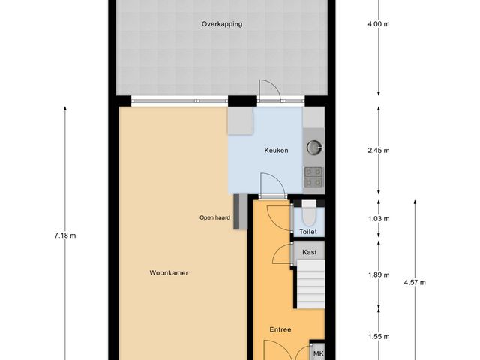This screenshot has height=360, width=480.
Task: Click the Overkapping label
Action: tap(221, 24)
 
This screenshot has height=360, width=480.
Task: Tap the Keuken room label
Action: tap(276, 151)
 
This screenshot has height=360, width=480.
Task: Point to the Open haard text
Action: tap(214, 218)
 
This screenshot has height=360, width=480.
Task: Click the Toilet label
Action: tap(308, 232)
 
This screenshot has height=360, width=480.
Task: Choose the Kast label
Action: tap(309, 253)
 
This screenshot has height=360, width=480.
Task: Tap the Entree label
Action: tap(280, 329)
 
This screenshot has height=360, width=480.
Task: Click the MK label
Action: tap(318, 354)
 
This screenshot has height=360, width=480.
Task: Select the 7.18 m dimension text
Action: tap(65, 235)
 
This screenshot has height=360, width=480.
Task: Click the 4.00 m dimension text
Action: tap(379, 24)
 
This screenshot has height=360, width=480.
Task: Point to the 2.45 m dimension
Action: tap(379, 151)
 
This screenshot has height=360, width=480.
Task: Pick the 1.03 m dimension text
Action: tap(379, 219)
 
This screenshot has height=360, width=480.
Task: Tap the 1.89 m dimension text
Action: tap(379, 274)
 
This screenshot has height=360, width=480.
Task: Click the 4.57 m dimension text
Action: tap(415, 283)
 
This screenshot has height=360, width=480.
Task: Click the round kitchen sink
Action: tap(313, 146)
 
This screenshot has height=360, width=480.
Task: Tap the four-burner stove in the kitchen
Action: tap(313, 176)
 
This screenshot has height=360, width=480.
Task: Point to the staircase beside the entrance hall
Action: tap(307, 285)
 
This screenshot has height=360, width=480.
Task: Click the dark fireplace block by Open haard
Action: tap(237, 211)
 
